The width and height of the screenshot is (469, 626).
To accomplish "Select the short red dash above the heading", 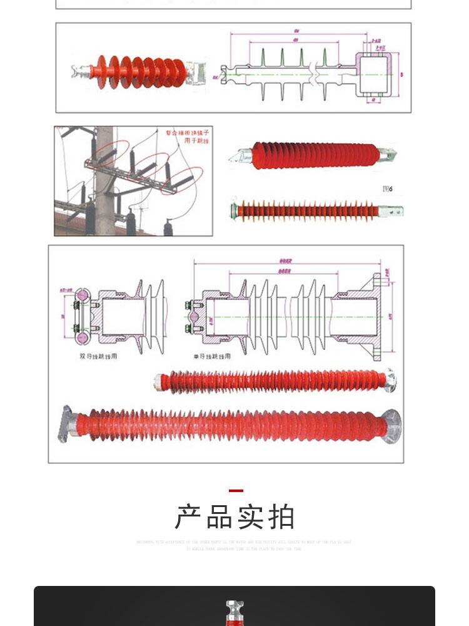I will click(x=235, y=491).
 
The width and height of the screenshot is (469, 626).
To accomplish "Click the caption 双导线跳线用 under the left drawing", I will click(x=98, y=356).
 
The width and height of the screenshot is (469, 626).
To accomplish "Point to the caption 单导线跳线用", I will click(x=211, y=356).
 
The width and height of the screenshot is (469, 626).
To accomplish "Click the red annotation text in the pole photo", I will click(x=184, y=136).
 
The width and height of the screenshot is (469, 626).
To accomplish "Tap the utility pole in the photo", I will click(x=104, y=182).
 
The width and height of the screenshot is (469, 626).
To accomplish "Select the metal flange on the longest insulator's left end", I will click(x=66, y=423).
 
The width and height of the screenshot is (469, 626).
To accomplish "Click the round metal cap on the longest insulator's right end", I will click(x=391, y=426).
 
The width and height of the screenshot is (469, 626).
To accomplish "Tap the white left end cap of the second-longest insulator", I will click(x=160, y=381).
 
